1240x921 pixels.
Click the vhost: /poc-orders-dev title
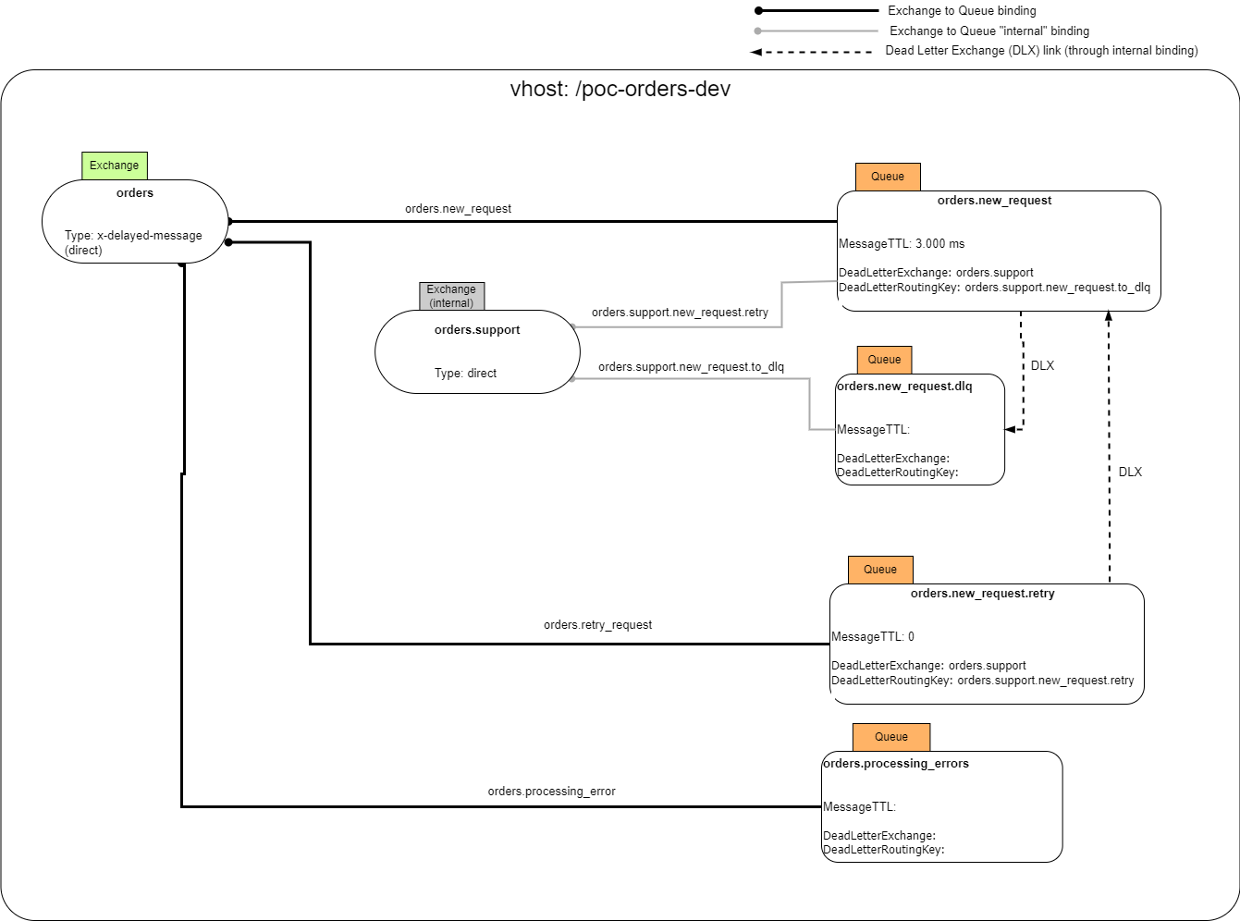[620, 90]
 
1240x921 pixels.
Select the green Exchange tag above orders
[115, 166]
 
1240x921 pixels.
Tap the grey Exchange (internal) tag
[451, 296]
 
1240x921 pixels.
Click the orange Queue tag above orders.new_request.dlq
[884, 360]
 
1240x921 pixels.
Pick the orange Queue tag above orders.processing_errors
[890, 737]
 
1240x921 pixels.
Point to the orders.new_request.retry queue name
[982, 594]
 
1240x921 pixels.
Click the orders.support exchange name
[477, 330]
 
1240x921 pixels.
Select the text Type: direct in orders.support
[465, 374]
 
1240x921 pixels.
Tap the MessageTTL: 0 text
[872, 637]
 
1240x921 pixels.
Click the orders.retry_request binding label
[597, 625]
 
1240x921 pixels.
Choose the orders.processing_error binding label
[551, 792]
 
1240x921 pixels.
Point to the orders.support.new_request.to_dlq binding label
[691, 367]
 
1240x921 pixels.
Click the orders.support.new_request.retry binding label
[680, 313]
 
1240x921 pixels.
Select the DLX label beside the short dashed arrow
[1042, 366]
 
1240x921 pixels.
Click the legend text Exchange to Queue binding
[962, 11]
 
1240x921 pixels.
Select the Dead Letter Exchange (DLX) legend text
[1041, 51]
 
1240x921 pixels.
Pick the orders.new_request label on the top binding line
[458, 209]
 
